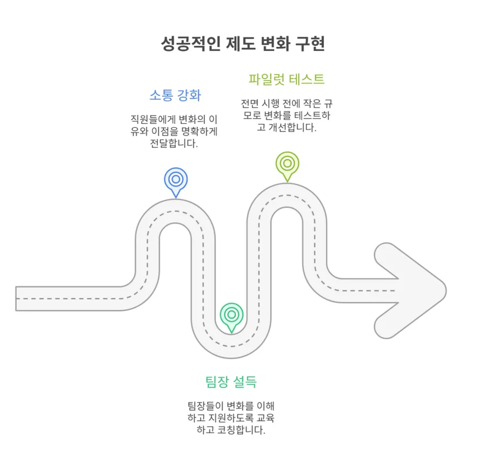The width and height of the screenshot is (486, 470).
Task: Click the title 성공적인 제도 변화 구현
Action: tap(242, 43)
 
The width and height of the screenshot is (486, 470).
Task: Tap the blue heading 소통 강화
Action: tap(176, 95)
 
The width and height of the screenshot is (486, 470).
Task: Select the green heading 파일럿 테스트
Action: tap(286, 79)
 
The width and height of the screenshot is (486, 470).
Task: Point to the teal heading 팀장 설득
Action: tap(231, 382)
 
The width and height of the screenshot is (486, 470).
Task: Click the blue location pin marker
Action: tap(176, 182)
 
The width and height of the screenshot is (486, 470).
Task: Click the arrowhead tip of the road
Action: tap(446, 290)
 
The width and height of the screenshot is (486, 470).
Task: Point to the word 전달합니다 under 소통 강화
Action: tap(174, 143)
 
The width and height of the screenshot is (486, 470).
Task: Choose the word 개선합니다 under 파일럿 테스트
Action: tap(292, 127)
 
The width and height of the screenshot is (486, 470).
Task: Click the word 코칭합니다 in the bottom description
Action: tap(241, 430)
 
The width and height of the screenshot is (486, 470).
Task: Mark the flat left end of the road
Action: tap(16, 299)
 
